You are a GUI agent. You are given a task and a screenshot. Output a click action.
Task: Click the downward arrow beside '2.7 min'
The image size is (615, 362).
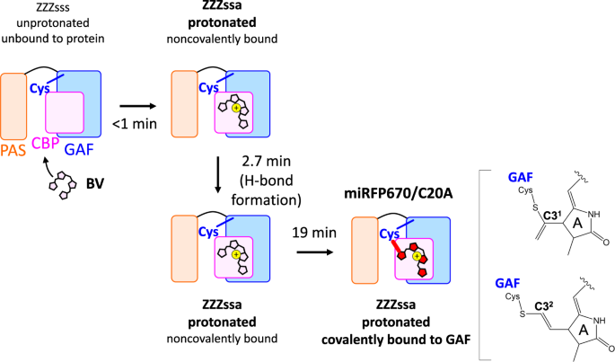pyautogui.click(x=216, y=176)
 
